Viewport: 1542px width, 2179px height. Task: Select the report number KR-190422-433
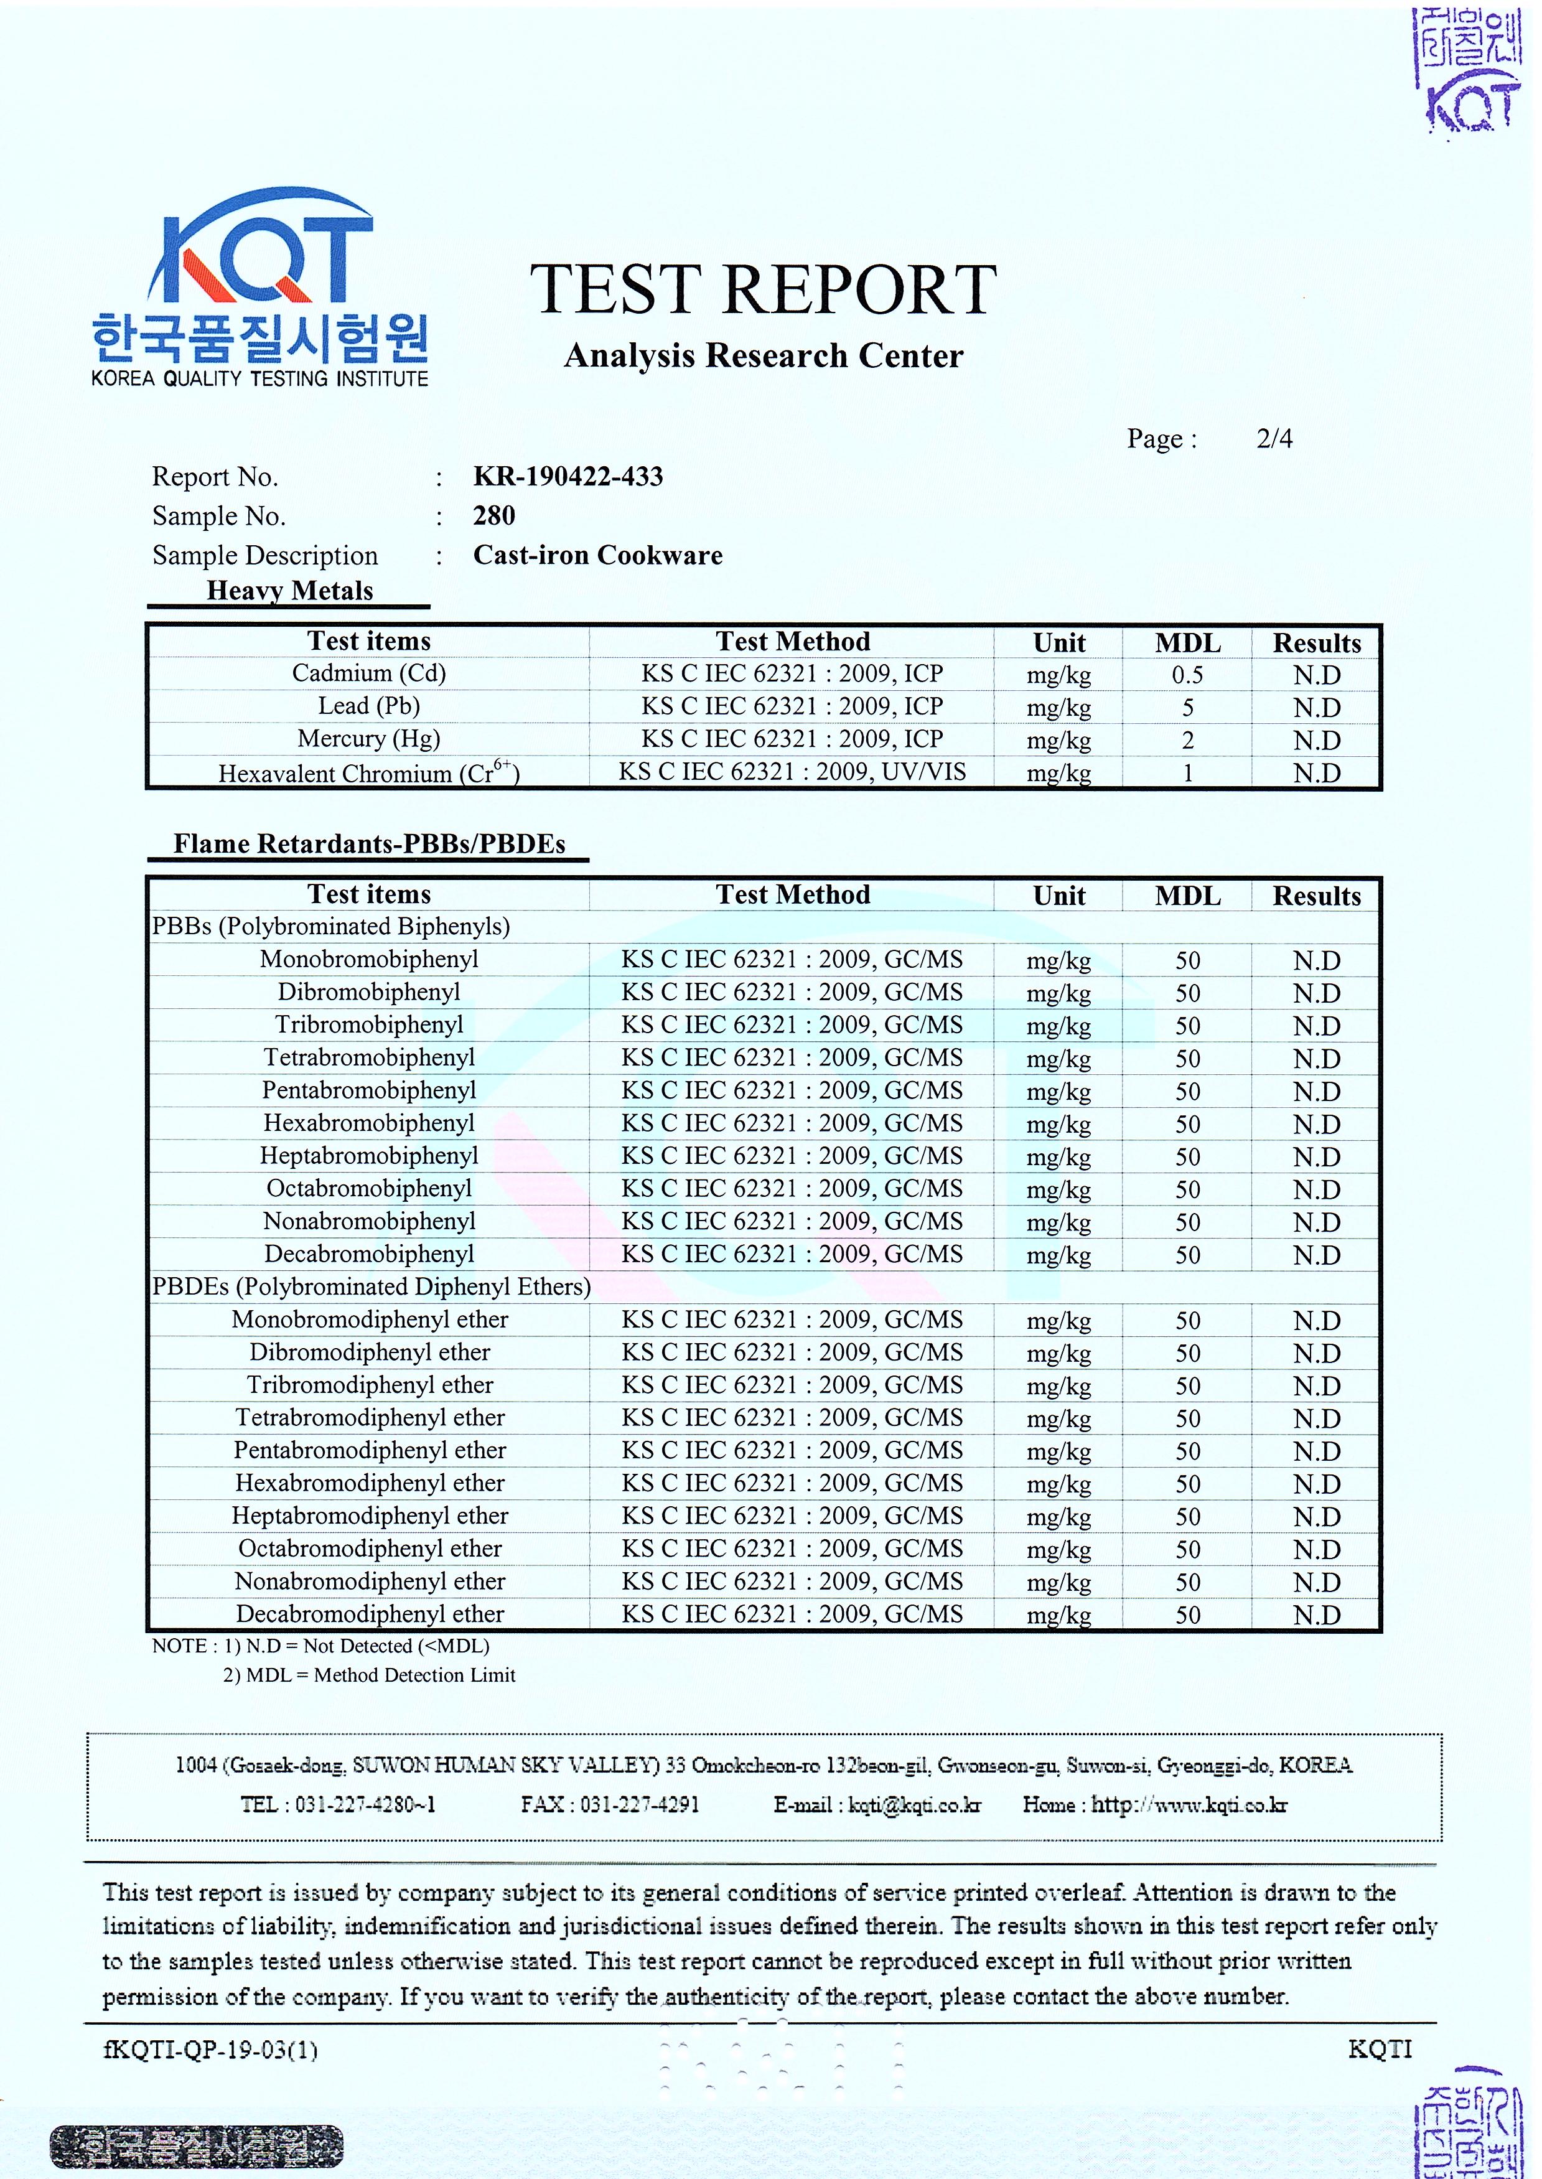(x=568, y=477)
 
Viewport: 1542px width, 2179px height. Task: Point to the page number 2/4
(x=1273, y=439)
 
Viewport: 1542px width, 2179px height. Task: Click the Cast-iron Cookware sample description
(x=597, y=555)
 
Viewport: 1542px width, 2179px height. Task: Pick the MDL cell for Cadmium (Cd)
(x=1187, y=675)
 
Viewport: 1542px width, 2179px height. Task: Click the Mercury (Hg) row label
(x=368, y=739)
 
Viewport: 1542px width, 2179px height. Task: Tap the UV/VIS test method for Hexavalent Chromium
(x=792, y=772)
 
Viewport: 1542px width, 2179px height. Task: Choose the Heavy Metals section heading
(x=289, y=591)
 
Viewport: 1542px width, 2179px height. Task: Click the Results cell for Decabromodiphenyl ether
(x=1316, y=1615)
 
